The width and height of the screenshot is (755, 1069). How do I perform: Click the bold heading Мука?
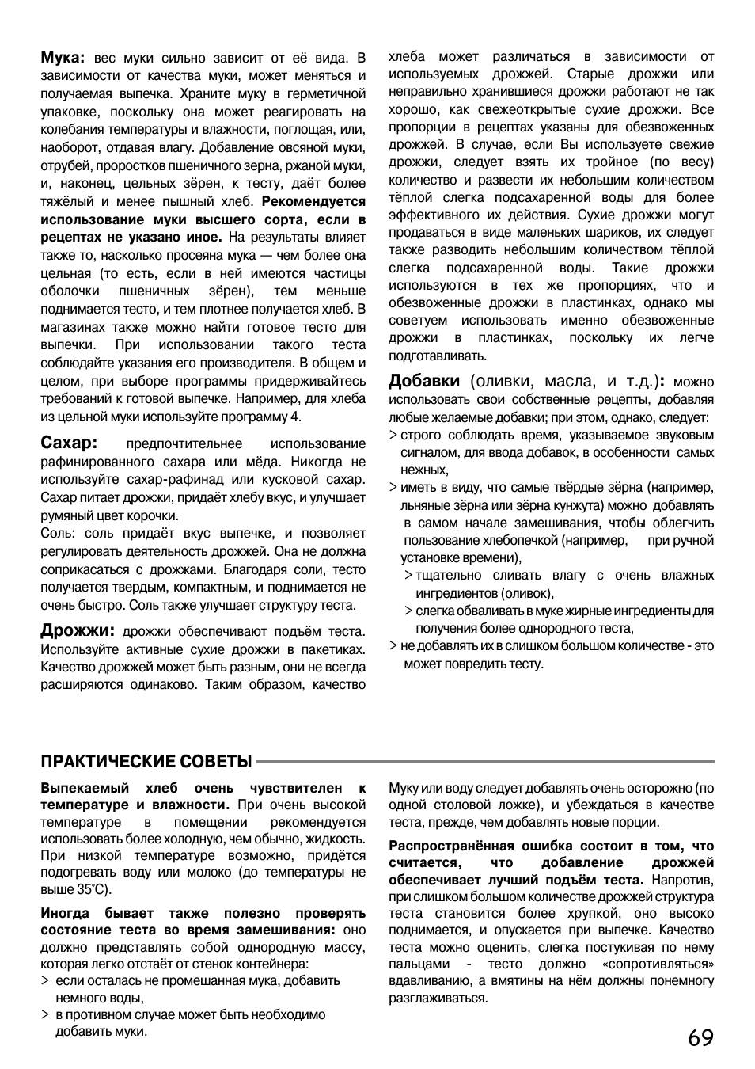pyautogui.click(x=63, y=57)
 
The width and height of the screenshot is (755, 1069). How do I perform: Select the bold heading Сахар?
pyautogui.click(x=69, y=443)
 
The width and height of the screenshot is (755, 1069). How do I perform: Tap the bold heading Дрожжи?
pyautogui.click(x=78, y=630)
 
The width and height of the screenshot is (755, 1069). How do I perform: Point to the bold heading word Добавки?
pyautogui.click(x=423, y=381)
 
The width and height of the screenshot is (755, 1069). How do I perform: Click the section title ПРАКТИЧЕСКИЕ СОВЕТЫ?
pyautogui.click(x=146, y=762)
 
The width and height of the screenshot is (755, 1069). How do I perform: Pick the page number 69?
pyautogui.click(x=700, y=1037)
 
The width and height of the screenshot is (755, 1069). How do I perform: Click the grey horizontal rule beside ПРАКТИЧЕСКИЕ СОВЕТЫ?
pyautogui.click(x=484, y=762)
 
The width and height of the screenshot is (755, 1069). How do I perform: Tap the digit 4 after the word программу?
pyautogui.click(x=296, y=417)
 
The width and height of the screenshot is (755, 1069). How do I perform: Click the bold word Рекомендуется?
pyautogui.click(x=313, y=201)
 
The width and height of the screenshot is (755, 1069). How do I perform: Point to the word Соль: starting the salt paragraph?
pyautogui.click(x=59, y=533)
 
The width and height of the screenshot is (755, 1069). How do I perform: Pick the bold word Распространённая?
pyautogui.click(x=451, y=846)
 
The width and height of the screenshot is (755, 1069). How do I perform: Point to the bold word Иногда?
pyautogui.click(x=65, y=913)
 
